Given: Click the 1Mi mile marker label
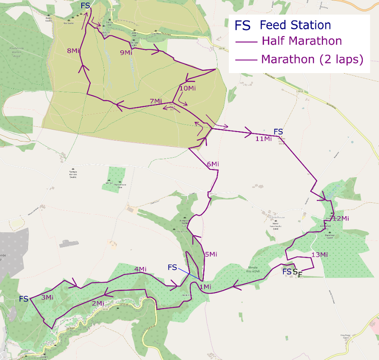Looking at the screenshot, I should pyautogui.click(x=205, y=287).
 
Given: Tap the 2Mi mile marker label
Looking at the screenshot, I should pyautogui.click(x=98, y=303).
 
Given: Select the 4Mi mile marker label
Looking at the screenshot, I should pyautogui.click(x=140, y=270).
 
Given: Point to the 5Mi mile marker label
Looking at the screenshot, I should pyautogui.click(x=210, y=255).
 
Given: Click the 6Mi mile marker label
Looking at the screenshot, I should pyautogui.click(x=212, y=164).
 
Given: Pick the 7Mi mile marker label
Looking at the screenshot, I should pyautogui.click(x=156, y=101).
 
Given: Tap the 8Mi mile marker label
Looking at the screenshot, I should pyautogui.click(x=73, y=51).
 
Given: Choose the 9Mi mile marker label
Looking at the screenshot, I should pyautogui.click(x=125, y=52).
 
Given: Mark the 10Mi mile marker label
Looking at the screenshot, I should pyautogui.click(x=188, y=88).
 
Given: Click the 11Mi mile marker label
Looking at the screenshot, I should pyautogui.click(x=263, y=139).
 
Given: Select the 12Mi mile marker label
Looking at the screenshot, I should pyautogui.click(x=341, y=218).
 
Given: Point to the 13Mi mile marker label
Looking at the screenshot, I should pyautogui.click(x=319, y=255).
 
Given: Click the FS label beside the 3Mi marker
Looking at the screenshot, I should pyautogui.click(x=24, y=299).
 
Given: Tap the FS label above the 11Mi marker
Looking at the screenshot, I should pyautogui.click(x=278, y=131).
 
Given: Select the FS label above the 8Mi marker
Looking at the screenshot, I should pyautogui.click(x=85, y=5).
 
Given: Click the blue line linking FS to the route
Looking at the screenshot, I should pyautogui.click(x=189, y=273).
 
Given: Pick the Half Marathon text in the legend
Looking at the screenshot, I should pyautogui.click(x=302, y=41).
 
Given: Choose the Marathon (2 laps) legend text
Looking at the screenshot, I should pyautogui.click(x=312, y=60).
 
